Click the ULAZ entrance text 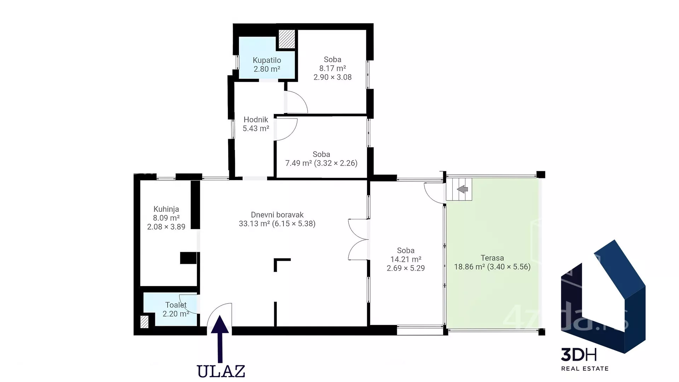[x=221, y=371]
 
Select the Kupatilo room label [x=267, y=60]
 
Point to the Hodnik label [x=256, y=120]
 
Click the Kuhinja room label [x=166, y=209]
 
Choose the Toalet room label [x=176, y=305]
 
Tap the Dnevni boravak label [x=277, y=215]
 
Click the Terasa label [x=492, y=258]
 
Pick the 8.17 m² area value [x=332, y=68]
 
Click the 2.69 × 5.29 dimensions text [x=406, y=268]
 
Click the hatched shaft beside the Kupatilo [x=287, y=39]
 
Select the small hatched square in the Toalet [x=144, y=322]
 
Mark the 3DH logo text [x=579, y=354]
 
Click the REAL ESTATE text [x=585, y=369]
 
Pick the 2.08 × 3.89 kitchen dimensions [x=166, y=227]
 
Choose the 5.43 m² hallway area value [x=256, y=128]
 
